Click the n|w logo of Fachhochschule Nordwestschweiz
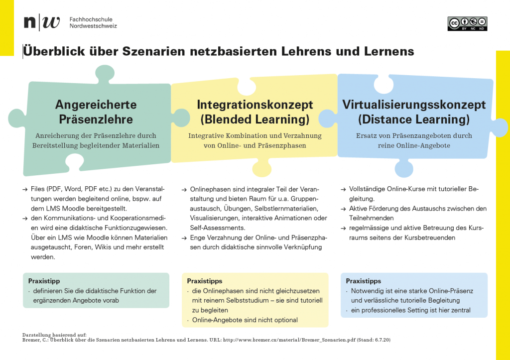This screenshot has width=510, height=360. pos(42,22)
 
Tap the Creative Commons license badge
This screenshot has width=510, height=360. pos(467,24)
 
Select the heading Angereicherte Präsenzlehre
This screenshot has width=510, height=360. pos(96,112)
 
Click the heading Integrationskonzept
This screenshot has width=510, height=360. pos(255,105)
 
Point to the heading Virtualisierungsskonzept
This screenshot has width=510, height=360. pos(414,105)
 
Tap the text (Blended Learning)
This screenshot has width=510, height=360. pos(255,120)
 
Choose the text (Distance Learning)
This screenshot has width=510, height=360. pos(414,120)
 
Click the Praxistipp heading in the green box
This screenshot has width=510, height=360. pos(44,281)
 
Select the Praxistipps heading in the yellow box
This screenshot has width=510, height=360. pos(204,281)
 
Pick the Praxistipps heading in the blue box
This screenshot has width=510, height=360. pos(364,281)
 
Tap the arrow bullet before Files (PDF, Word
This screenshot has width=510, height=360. pos(25,190)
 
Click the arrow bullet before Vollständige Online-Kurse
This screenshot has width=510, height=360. pos(343,190)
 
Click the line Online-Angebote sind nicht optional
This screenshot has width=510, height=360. pos(245,320)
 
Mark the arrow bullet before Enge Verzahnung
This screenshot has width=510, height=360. pos(184,238)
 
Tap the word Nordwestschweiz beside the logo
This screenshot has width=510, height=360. pos(93,26)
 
